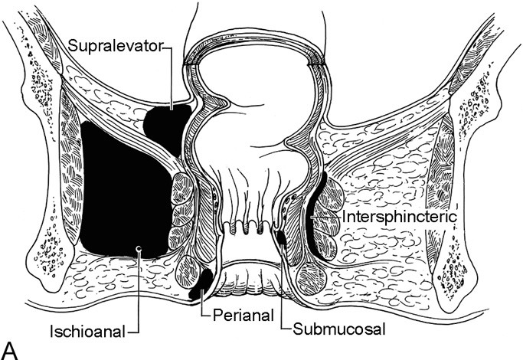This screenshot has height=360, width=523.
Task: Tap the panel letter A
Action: pos(10,349)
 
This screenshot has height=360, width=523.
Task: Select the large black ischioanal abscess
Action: pos(123,191)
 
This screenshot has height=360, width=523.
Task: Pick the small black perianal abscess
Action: pos(201,283)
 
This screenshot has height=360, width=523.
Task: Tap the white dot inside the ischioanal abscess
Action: pos(138,247)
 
